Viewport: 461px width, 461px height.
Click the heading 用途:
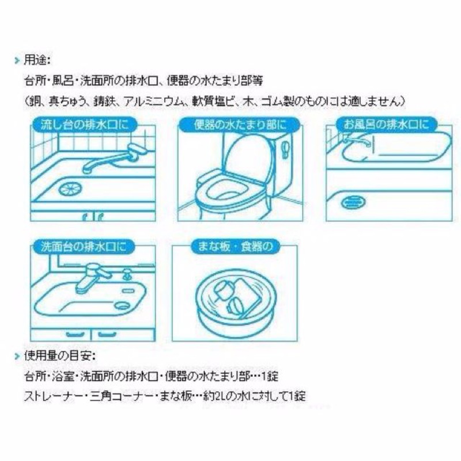pyautogui.click(x=37, y=61)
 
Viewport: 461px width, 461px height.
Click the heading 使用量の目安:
pyautogui.click(x=60, y=356)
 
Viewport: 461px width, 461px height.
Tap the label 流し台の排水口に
pyautogui.click(x=85, y=124)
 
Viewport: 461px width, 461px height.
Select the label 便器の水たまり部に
pyautogui.click(x=240, y=125)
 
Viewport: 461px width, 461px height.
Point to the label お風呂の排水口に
pyautogui.click(x=386, y=124)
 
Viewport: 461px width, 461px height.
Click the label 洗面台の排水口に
pyautogui.click(x=84, y=247)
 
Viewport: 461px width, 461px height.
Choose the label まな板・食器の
pyautogui.click(x=235, y=247)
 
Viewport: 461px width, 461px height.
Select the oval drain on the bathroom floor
pyautogui.click(x=353, y=202)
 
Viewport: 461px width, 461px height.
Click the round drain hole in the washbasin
pyautogui.click(x=123, y=305)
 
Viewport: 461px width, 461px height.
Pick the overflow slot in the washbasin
pyautogui.click(x=128, y=291)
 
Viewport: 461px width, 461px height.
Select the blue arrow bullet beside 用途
pyautogui.click(x=17, y=61)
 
